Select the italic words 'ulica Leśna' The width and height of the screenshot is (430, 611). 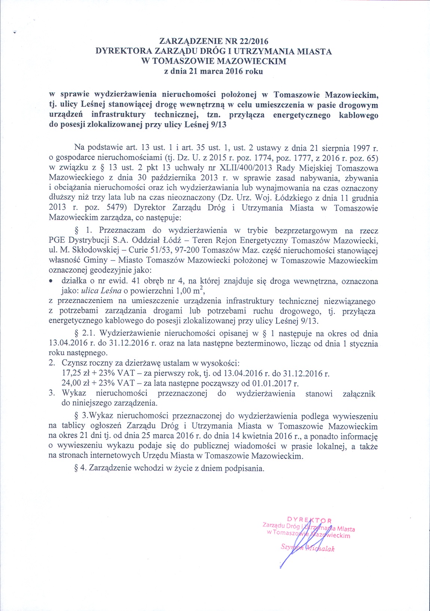(100, 290)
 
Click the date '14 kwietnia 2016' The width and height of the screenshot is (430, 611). (268, 436)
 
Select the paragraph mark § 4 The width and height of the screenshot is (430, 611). (80, 468)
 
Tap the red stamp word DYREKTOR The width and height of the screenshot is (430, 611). (309, 520)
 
